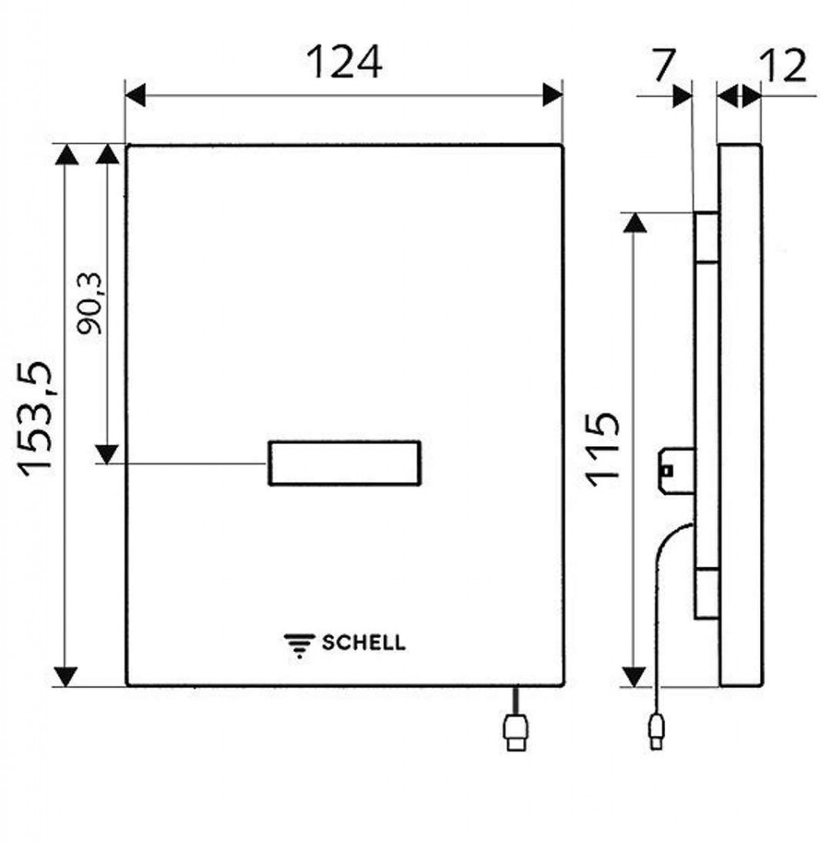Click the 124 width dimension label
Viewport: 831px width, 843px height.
click(x=344, y=62)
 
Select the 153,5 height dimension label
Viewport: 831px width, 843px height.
click(x=35, y=419)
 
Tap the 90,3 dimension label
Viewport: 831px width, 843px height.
click(x=89, y=304)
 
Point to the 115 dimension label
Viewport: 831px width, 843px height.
click(x=603, y=450)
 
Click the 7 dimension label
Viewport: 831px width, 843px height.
click(x=663, y=65)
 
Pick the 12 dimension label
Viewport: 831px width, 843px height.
click(x=784, y=66)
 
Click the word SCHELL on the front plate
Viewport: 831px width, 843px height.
click(x=364, y=642)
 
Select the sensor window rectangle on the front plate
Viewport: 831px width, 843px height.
click(x=344, y=463)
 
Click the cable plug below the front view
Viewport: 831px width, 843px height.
click(x=515, y=731)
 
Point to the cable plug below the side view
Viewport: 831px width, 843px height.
click(x=657, y=731)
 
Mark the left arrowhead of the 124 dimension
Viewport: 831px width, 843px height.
click(x=135, y=95)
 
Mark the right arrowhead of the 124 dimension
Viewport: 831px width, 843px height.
click(x=553, y=95)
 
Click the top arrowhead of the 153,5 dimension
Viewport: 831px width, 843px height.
click(x=67, y=154)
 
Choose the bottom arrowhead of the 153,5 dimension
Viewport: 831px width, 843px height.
click(x=66, y=677)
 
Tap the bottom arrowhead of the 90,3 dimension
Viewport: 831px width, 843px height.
click(x=107, y=454)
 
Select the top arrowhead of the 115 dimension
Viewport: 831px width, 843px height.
click(x=634, y=222)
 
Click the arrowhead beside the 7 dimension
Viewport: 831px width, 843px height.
click(x=682, y=96)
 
